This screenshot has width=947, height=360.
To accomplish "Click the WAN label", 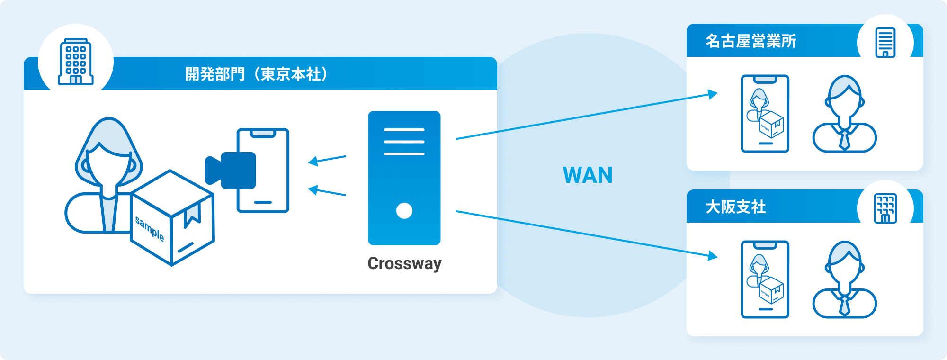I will (x=588, y=175).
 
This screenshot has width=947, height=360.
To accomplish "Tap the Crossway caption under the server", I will (x=404, y=263).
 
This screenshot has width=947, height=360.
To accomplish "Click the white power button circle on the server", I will (x=404, y=210).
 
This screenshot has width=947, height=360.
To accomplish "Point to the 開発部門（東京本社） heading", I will (x=256, y=74).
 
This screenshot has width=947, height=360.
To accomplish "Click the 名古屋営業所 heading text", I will (x=751, y=41).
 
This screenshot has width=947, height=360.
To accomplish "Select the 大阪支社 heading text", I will (x=736, y=207).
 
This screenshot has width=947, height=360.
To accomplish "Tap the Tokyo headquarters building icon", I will (x=76, y=62).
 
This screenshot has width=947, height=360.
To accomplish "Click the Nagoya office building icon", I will (x=885, y=43).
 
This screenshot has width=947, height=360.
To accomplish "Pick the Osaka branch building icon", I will (x=885, y=208).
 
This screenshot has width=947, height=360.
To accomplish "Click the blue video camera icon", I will (x=231, y=170).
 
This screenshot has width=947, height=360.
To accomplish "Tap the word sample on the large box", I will (x=150, y=228).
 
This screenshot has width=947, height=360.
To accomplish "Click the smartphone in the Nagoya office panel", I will (x=765, y=114).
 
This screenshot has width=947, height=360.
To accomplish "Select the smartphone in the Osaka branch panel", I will (x=765, y=279).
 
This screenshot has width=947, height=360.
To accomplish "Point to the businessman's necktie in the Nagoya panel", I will (x=845, y=139).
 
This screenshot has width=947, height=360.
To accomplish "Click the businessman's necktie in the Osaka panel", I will (x=845, y=305).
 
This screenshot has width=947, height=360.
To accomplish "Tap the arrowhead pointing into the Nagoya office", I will (x=713, y=94).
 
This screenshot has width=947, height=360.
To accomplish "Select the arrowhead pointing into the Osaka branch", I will (x=713, y=256).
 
